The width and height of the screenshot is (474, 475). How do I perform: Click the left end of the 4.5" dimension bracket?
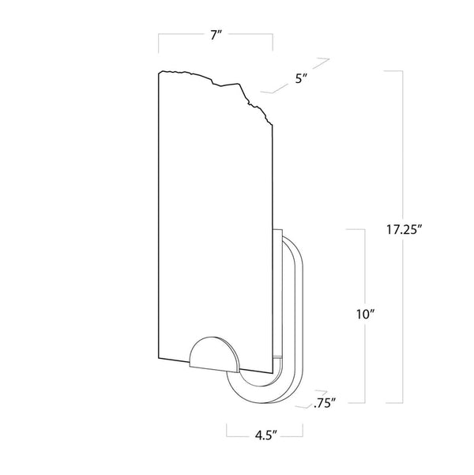point(228,432)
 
